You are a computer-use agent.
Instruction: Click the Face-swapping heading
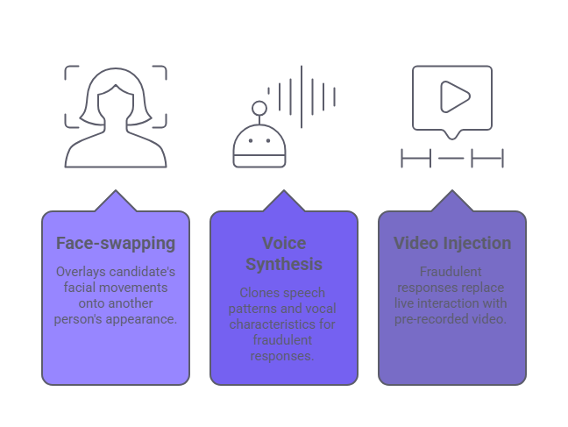116,243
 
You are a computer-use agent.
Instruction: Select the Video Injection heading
451,243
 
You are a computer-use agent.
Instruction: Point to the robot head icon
259,149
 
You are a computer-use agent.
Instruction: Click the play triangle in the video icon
453,96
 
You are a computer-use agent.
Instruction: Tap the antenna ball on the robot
259,109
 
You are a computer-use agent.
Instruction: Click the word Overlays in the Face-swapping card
82,272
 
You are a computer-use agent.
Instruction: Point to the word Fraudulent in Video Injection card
451,272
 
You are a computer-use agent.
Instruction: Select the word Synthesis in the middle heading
283,264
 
